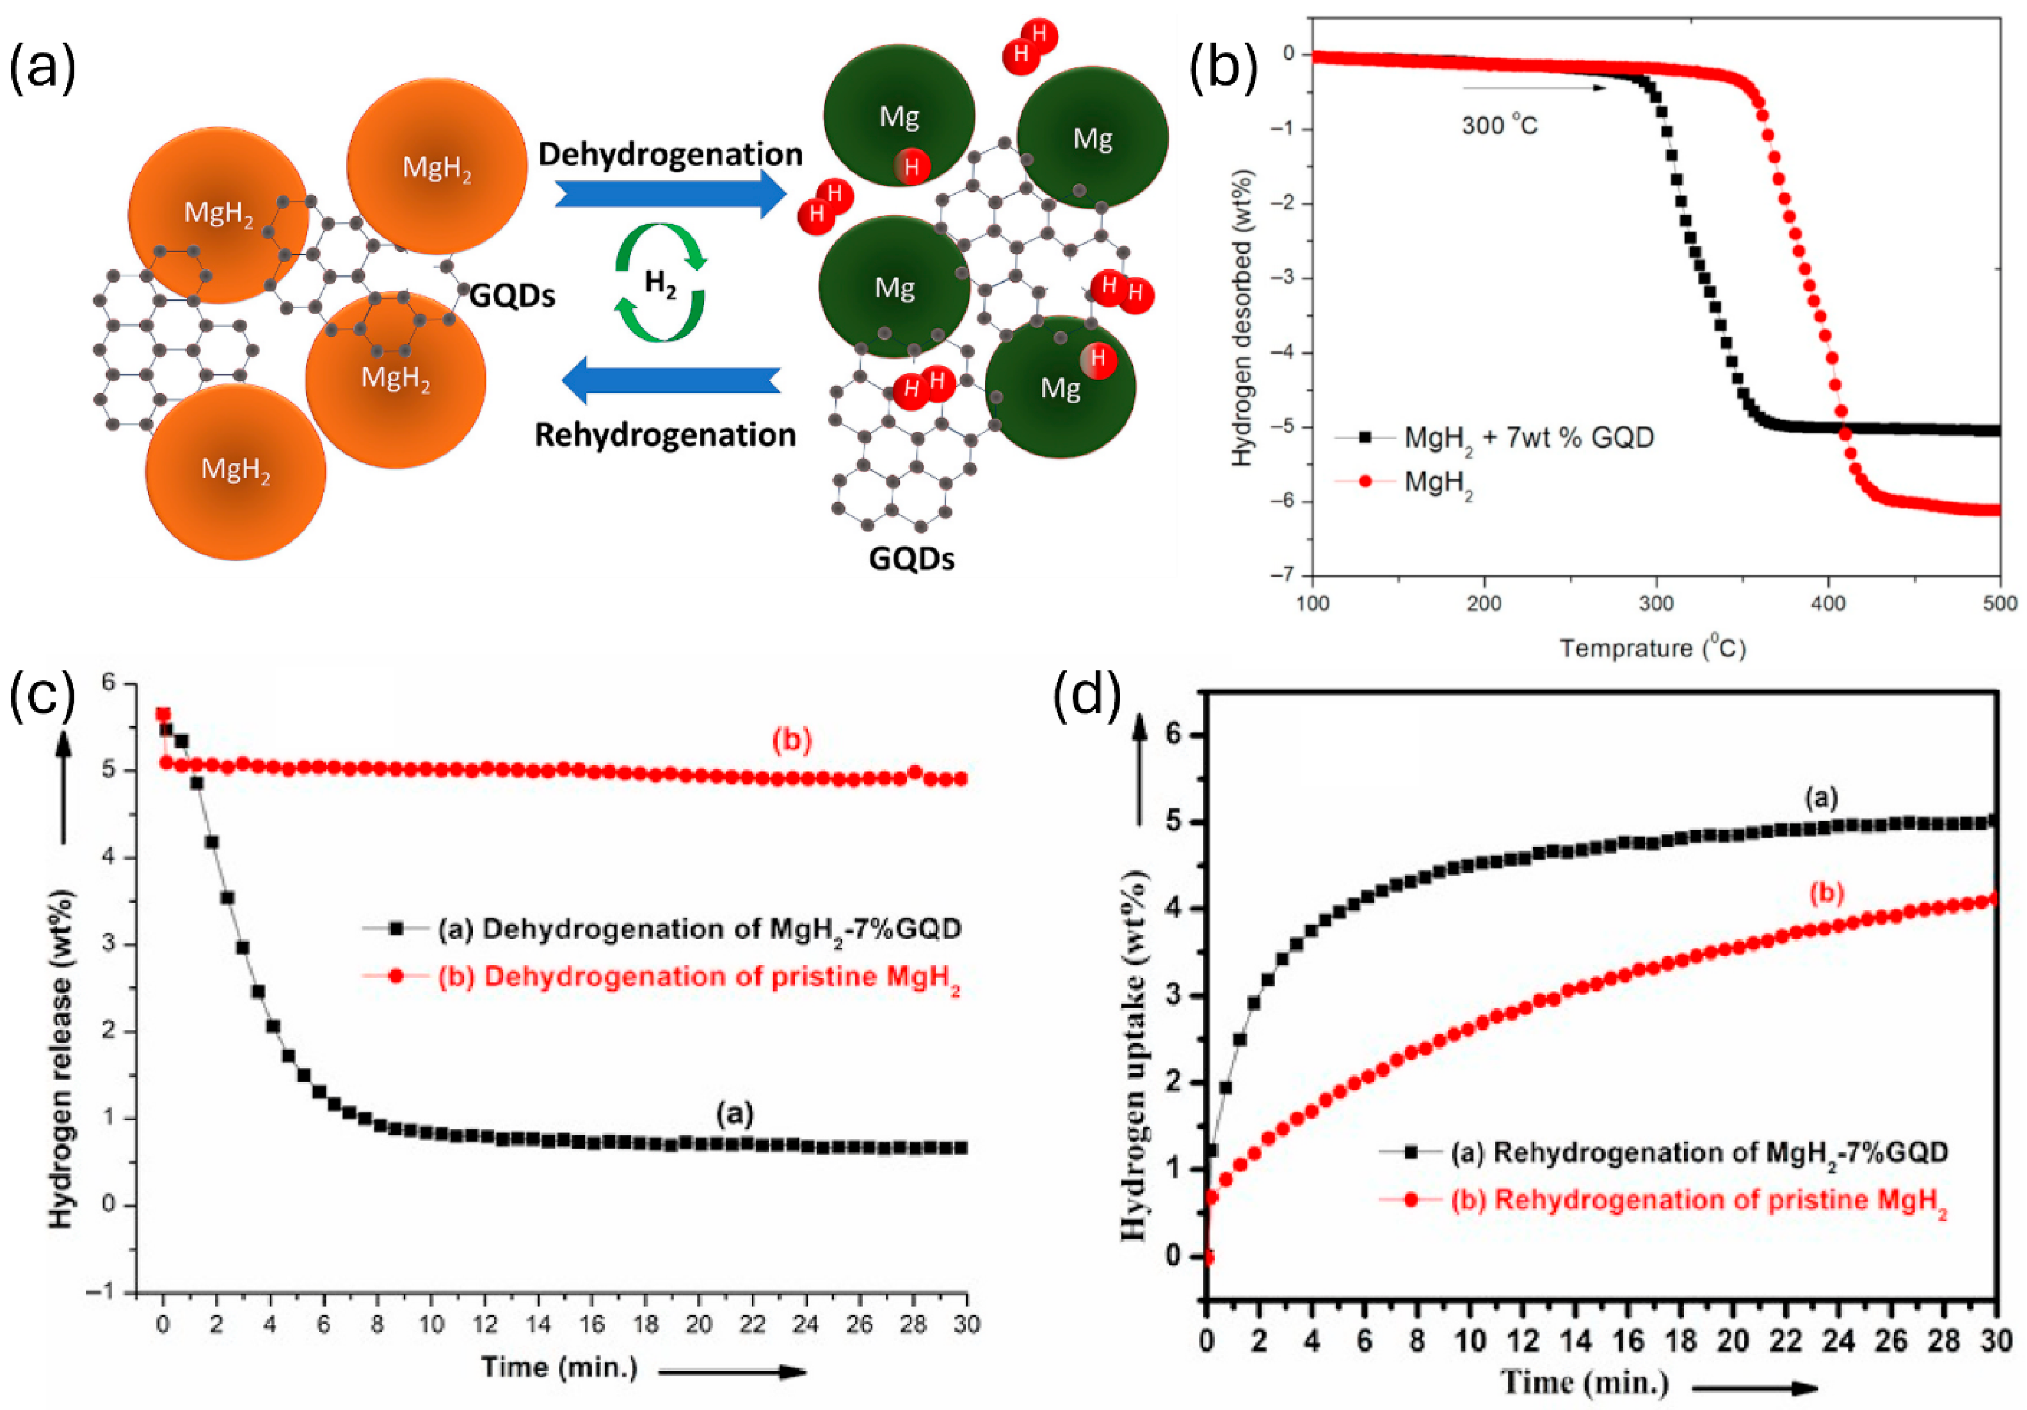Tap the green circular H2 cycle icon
(x=660, y=283)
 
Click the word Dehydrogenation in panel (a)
(x=671, y=155)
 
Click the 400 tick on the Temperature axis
(x=1827, y=603)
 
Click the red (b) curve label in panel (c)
(x=791, y=741)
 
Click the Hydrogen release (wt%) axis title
(x=61, y=1059)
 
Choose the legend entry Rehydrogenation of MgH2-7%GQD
(x=1699, y=1153)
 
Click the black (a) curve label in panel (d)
(x=1820, y=798)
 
